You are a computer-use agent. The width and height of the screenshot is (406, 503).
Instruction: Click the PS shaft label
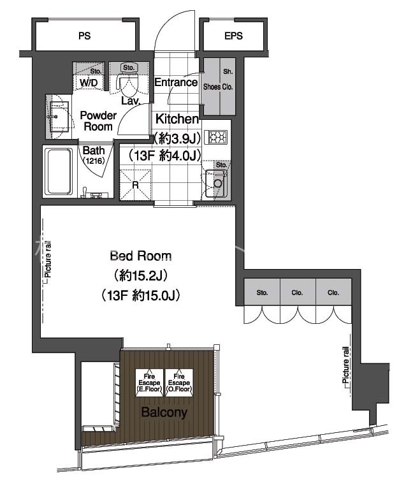(x=85, y=36)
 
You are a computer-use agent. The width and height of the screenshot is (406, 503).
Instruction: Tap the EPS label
(x=233, y=36)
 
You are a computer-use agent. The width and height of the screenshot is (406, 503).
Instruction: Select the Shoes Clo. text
(x=218, y=87)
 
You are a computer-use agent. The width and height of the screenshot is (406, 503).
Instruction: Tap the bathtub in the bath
(x=58, y=171)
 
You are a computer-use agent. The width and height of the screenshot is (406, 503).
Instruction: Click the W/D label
(x=89, y=83)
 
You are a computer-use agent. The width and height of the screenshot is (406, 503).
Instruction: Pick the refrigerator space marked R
(x=135, y=185)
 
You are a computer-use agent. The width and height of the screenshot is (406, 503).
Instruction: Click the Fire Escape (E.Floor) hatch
(x=149, y=383)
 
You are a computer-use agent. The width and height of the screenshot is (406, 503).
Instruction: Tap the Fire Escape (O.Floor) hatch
(x=179, y=383)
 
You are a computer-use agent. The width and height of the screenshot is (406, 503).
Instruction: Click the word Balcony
(x=164, y=412)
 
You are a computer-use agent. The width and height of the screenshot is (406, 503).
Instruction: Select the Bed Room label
(x=141, y=256)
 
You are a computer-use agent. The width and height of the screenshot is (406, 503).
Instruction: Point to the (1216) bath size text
(x=94, y=161)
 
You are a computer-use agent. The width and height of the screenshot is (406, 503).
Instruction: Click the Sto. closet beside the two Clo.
(x=262, y=291)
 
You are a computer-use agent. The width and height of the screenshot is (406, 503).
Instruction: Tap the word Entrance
(x=176, y=82)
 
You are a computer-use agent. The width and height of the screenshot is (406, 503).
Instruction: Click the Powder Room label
(x=98, y=120)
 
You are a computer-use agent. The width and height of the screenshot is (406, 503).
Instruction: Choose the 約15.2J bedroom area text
(x=141, y=275)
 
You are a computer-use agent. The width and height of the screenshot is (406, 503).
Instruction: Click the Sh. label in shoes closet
(x=228, y=71)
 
